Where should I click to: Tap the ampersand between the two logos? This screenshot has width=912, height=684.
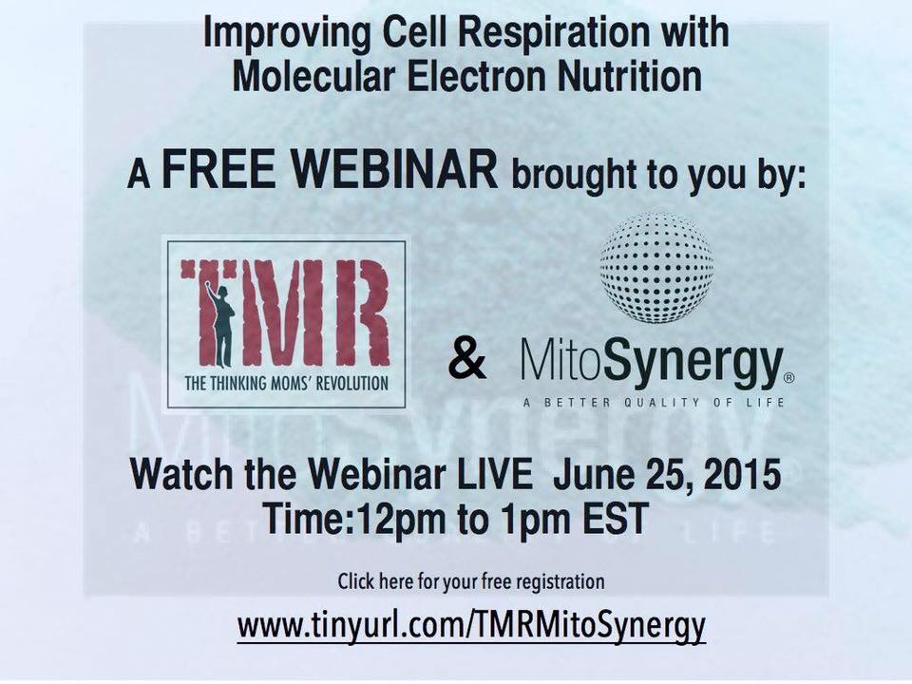click(465, 361)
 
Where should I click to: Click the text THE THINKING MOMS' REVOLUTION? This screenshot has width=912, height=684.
click(286, 384)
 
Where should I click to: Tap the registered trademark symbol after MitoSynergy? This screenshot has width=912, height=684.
click(789, 377)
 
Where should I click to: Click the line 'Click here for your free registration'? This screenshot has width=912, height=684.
click(470, 580)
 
